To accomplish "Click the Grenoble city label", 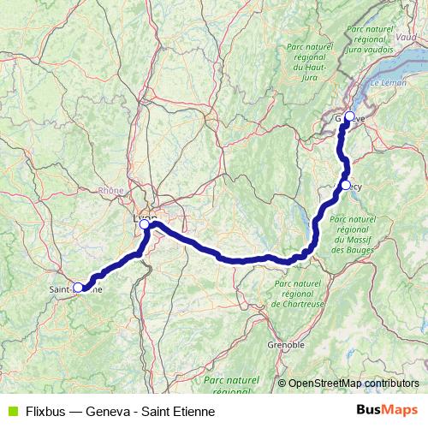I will click(286, 345).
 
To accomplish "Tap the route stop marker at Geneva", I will click(348, 116).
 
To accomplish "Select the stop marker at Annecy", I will click(345, 185).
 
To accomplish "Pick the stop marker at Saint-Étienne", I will click(79, 288).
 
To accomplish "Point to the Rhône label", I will click(110, 191).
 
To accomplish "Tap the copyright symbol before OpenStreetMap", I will click(282, 383).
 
